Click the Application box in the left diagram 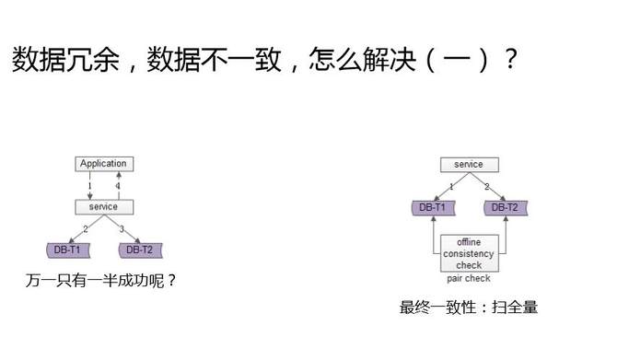coord(102,164)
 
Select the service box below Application coord(102,207)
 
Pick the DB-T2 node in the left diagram coord(141,250)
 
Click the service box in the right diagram coord(468,165)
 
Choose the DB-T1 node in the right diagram coord(431,208)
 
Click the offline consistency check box coord(469,253)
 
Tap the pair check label coord(469,278)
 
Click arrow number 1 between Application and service coord(90,186)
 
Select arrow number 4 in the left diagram coord(117,186)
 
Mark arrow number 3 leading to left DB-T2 coord(121,227)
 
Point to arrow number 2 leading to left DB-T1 coord(86,227)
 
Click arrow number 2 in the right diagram coord(487,186)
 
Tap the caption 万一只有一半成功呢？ coord(101,280)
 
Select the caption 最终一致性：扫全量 coord(468,308)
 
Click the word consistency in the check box coord(469,253)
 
